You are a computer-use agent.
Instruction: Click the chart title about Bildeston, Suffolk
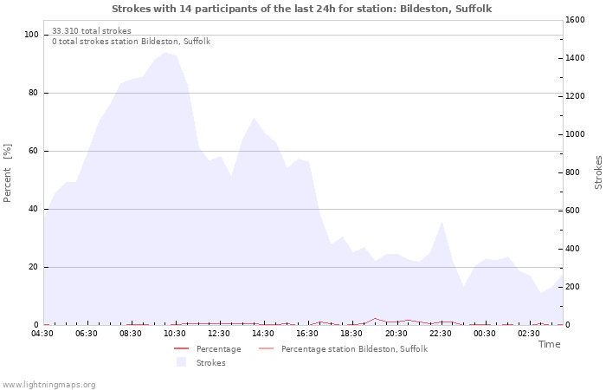[x=302, y=8]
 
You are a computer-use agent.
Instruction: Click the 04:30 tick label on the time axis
[x=42, y=334]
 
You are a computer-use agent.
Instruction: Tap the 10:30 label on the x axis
[x=175, y=334]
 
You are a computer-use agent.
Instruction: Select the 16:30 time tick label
[x=307, y=334]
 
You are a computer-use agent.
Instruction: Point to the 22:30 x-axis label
[x=440, y=334]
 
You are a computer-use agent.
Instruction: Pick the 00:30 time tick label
[x=484, y=334]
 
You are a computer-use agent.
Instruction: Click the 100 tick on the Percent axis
[x=32, y=35]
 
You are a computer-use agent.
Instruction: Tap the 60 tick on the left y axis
[x=35, y=151]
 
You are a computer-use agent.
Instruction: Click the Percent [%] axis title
[x=8, y=173]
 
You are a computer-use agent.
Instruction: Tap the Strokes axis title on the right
[x=598, y=172]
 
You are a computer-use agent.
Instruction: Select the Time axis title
[x=549, y=344]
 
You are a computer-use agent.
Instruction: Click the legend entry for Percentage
[x=218, y=348]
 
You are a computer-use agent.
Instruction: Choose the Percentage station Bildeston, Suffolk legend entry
[x=353, y=348]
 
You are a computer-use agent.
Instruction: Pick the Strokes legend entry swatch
[x=181, y=362]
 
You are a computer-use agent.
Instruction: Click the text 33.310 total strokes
[x=92, y=31]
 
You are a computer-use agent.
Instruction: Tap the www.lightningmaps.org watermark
[x=48, y=384]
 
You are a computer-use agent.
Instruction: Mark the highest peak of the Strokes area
[x=164, y=53]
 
